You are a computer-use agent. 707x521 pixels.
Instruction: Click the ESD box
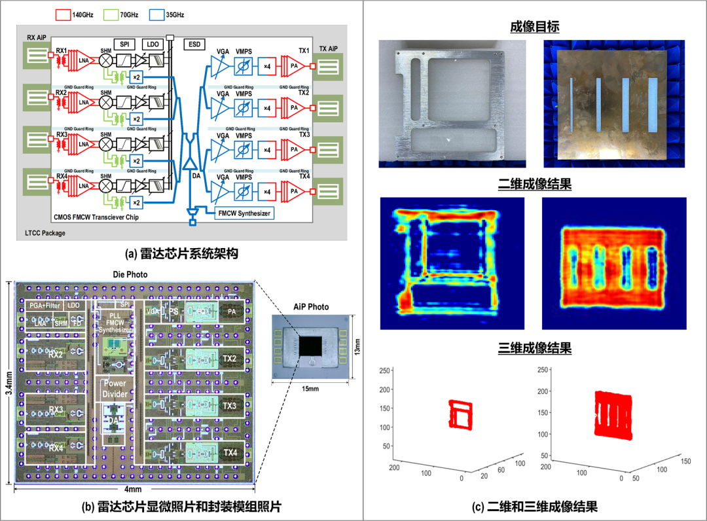(194, 44)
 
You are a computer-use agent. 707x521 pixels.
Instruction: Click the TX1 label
(304, 50)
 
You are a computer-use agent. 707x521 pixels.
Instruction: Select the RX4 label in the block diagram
(62, 176)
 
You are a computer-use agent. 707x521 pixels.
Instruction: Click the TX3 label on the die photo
(230, 406)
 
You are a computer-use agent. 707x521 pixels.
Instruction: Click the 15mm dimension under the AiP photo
(310, 389)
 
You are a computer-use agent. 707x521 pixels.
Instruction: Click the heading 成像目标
(534, 27)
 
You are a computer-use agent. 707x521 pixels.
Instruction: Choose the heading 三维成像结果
(534, 348)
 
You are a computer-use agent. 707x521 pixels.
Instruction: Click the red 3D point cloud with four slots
(613, 415)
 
